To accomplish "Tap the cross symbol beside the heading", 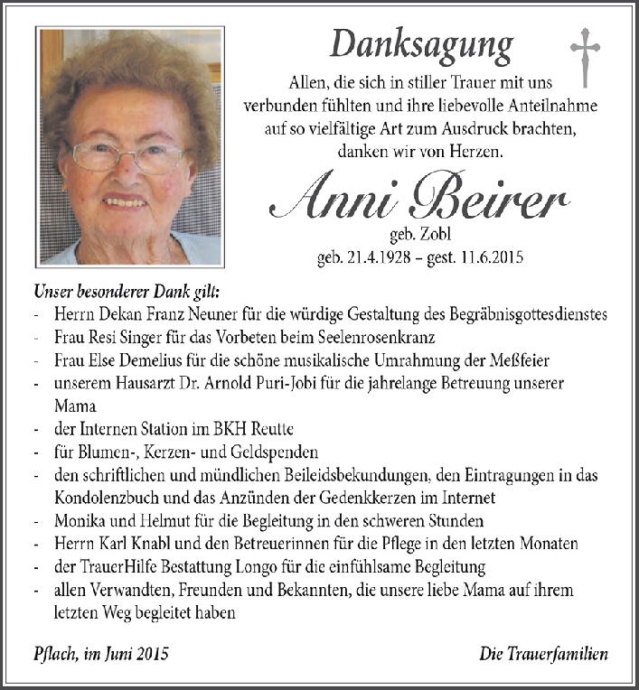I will pos(585,57).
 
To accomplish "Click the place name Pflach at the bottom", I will pos(52,654).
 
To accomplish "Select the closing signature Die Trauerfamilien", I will pos(543,654).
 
